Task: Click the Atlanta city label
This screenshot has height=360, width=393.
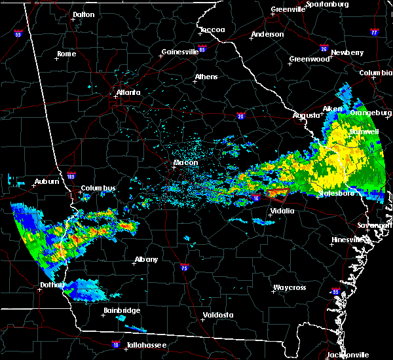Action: tap(128, 92)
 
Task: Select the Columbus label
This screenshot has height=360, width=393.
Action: tap(98, 189)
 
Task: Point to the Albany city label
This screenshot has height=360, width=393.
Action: tap(146, 259)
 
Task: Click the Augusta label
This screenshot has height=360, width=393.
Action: tap(306, 115)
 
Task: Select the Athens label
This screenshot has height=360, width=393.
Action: tap(206, 77)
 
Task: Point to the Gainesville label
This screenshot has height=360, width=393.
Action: tap(179, 52)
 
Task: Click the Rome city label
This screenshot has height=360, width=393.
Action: tap(66, 54)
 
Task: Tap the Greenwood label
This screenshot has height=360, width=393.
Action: tap(309, 59)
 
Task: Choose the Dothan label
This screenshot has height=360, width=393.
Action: tap(50, 285)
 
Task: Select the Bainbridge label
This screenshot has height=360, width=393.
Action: tap(119, 310)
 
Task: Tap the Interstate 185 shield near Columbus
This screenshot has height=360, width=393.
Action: tap(71, 176)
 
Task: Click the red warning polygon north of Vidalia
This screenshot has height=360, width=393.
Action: tap(277, 193)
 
